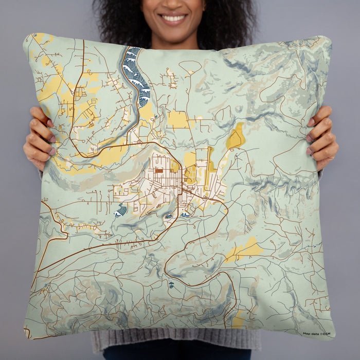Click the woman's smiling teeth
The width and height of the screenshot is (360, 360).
(x=174, y=19)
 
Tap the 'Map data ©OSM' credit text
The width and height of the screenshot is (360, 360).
(x=316, y=334)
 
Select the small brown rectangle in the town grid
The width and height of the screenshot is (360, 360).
(x=159, y=170)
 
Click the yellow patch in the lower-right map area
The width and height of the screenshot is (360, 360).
(x=245, y=250)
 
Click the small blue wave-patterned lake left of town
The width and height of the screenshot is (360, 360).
(x=121, y=210)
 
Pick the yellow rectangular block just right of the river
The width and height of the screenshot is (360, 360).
(x=178, y=120)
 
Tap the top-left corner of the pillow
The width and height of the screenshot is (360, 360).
(x=26, y=36)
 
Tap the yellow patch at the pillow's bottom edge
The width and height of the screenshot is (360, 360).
(x=238, y=321)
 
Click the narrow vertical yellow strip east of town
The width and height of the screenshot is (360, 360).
(x=209, y=165)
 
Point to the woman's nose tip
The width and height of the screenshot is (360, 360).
(x=173, y=5)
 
